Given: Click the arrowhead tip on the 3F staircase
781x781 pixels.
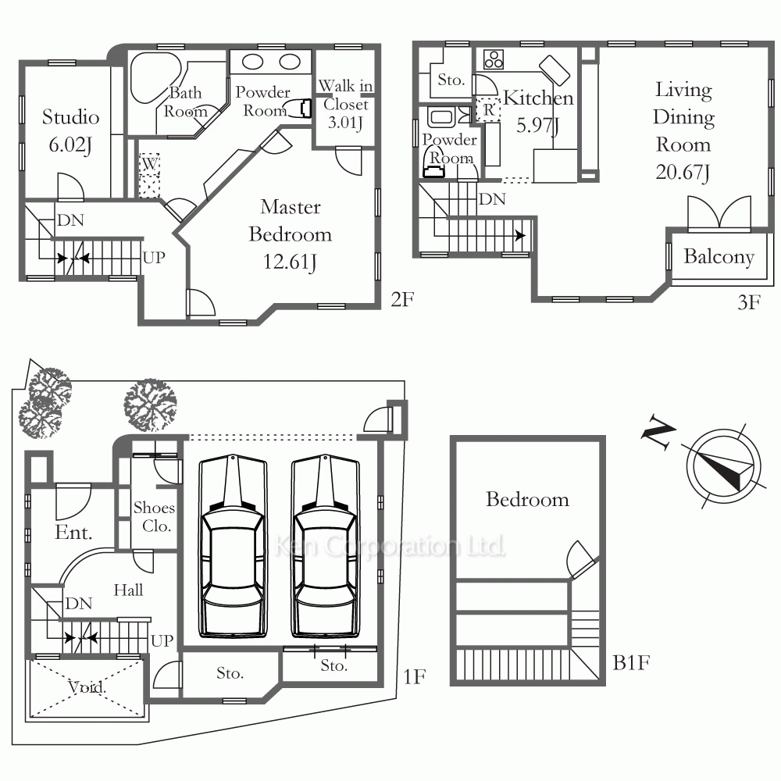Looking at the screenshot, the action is (526, 235).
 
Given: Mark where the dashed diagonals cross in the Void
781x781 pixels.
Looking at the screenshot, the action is (87, 689).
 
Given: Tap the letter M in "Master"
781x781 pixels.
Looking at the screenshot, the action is (269, 207).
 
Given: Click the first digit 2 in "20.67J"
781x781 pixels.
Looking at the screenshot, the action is (661, 173).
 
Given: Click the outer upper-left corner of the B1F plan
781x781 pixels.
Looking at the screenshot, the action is (451, 436).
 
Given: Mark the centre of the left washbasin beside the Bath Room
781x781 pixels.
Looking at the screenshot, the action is (252, 62).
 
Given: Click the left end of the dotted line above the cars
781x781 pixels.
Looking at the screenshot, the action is (190, 438).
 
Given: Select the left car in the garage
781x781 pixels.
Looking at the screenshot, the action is (233, 546).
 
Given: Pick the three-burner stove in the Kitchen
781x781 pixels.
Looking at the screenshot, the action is (494, 60).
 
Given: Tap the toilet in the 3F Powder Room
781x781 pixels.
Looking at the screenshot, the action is (433, 163).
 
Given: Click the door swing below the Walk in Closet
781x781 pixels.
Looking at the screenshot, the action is (348, 160).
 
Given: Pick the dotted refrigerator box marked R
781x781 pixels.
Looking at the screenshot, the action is (488, 110).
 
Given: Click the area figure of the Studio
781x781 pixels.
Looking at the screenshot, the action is (70, 145).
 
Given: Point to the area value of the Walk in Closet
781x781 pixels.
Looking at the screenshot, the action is (345, 123).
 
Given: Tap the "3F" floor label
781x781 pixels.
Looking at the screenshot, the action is (749, 303).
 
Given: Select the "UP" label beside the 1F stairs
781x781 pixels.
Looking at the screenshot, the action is (162, 640).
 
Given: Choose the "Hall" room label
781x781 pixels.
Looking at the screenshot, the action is (128, 590).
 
